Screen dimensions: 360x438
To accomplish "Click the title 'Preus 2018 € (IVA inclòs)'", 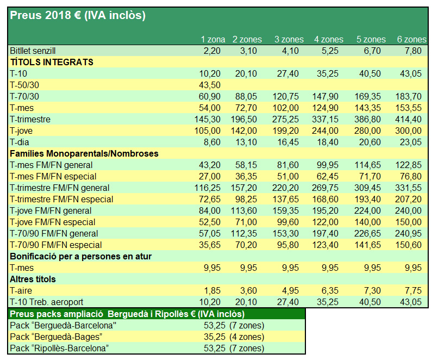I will (x=78, y=16).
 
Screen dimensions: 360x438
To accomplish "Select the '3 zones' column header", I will (x=288, y=40).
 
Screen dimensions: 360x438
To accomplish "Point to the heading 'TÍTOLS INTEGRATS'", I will (x=52, y=62).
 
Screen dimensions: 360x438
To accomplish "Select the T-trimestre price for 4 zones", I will (x=327, y=119).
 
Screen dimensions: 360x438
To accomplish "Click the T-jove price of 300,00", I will (x=410, y=131).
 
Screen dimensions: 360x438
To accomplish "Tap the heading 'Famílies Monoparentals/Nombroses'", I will (x=84, y=153).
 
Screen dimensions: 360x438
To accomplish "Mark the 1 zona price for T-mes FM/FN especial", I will (x=211, y=176).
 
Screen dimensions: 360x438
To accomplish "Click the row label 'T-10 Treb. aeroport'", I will (x=46, y=302).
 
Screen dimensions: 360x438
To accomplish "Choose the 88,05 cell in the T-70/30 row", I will (x=248, y=96).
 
